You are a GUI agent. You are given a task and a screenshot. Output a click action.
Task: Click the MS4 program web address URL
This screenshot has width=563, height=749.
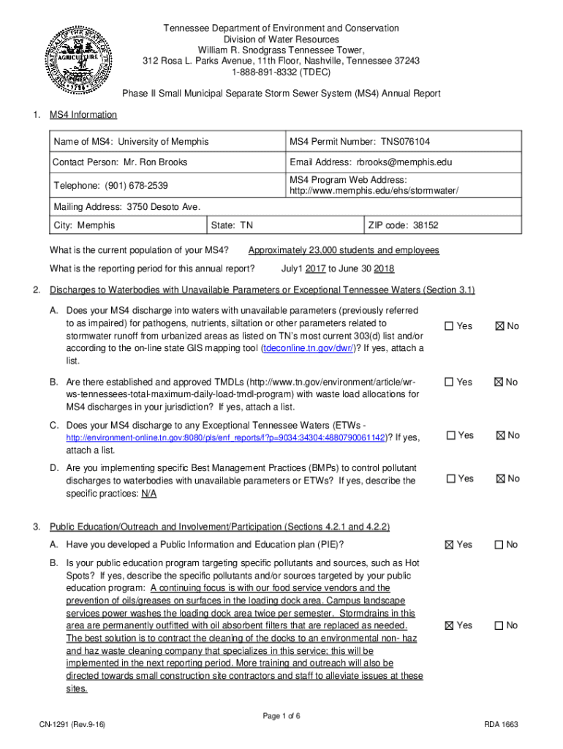[x=374, y=191]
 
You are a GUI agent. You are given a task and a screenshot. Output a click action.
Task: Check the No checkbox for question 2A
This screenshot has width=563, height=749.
[x=500, y=326]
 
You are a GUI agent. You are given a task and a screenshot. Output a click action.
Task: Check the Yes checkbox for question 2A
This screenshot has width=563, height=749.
[x=450, y=326]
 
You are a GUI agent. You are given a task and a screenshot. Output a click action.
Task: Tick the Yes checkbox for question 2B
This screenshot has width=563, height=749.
[x=450, y=382]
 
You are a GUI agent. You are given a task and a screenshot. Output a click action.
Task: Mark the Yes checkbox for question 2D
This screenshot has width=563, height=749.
[x=450, y=479]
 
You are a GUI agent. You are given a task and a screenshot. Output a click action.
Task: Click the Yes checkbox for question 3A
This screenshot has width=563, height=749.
[x=450, y=545]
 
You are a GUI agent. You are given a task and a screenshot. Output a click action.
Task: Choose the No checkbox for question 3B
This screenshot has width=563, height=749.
[x=500, y=625]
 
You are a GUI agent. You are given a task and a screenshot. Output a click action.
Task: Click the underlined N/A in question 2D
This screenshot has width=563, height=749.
[x=148, y=493]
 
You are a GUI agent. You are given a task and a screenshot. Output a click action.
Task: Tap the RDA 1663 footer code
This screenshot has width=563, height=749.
[x=501, y=724]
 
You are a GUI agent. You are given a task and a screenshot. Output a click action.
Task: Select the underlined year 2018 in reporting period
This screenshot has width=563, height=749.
[x=384, y=268]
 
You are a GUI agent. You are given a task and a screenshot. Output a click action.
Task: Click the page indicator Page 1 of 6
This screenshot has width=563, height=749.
[x=281, y=715]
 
